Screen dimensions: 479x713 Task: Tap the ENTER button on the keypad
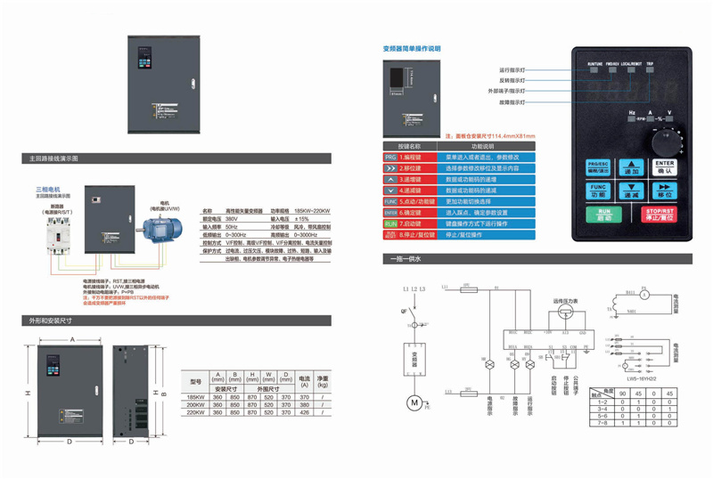point(664,167)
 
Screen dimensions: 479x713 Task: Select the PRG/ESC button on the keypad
point(596,167)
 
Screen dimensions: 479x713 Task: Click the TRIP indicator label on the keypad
point(650,65)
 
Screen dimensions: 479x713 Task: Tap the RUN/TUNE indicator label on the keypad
point(595,65)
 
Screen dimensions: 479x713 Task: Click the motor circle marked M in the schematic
point(413,403)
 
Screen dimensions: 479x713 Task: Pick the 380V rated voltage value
point(234,218)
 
